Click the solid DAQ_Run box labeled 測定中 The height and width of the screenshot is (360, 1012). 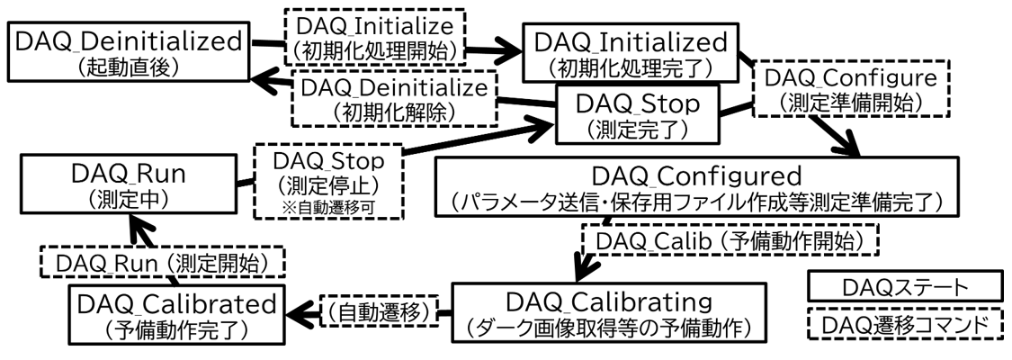pyautogui.click(x=129, y=184)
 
